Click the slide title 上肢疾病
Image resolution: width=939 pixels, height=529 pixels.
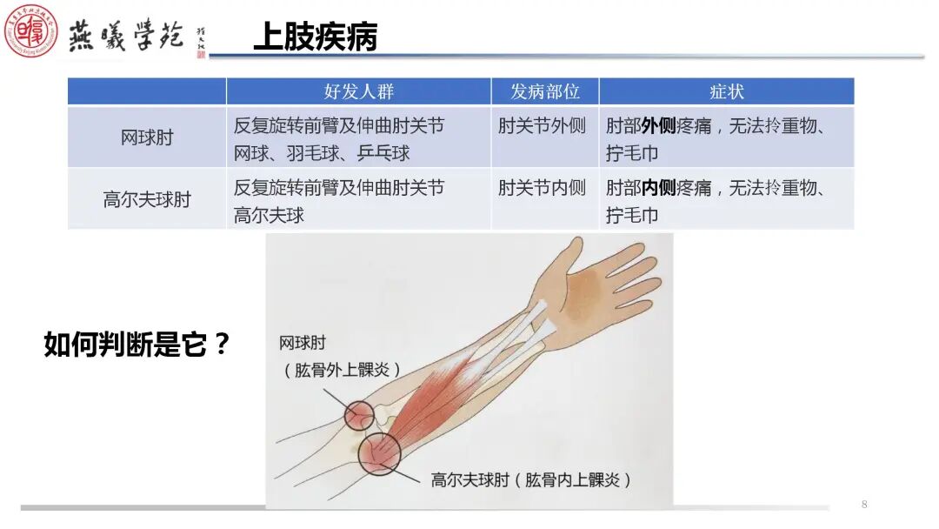pyautogui.click(x=315, y=37)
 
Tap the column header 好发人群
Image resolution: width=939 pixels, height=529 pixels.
pyautogui.click(x=358, y=91)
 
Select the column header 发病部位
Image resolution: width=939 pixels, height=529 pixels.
pyautogui.click(x=544, y=91)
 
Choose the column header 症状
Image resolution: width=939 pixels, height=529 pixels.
pyautogui.click(x=726, y=91)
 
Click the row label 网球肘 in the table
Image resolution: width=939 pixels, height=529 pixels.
pyautogui.click(x=147, y=137)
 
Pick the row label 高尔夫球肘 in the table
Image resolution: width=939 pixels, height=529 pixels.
pyautogui.click(x=147, y=199)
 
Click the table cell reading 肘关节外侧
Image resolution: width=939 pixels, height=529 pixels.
pyautogui.click(x=543, y=125)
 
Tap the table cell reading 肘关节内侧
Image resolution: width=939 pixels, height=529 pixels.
pyautogui.click(x=543, y=187)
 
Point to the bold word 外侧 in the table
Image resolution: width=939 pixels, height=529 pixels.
pyautogui.click(x=658, y=126)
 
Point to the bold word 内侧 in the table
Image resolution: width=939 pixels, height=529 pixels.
pyautogui.click(x=658, y=188)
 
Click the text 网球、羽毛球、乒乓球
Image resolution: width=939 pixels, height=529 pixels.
pyautogui.click(x=322, y=153)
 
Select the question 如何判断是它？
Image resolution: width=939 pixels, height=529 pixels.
pyautogui.click(x=137, y=345)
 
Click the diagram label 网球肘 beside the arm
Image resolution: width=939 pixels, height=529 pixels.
pyautogui.click(x=303, y=343)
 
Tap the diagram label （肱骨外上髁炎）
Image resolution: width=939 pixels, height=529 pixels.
pyautogui.click(x=342, y=370)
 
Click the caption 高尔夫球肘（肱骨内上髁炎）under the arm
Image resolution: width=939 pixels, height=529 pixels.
pyautogui.click(x=531, y=479)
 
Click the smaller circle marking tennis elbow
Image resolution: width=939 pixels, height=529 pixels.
pyautogui.click(x=358, y=416)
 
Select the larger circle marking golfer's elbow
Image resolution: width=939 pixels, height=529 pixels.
pyautogui.click(x=377, y=454)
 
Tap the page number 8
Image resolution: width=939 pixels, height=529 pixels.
pyautogui.click(x=864, y=505)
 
